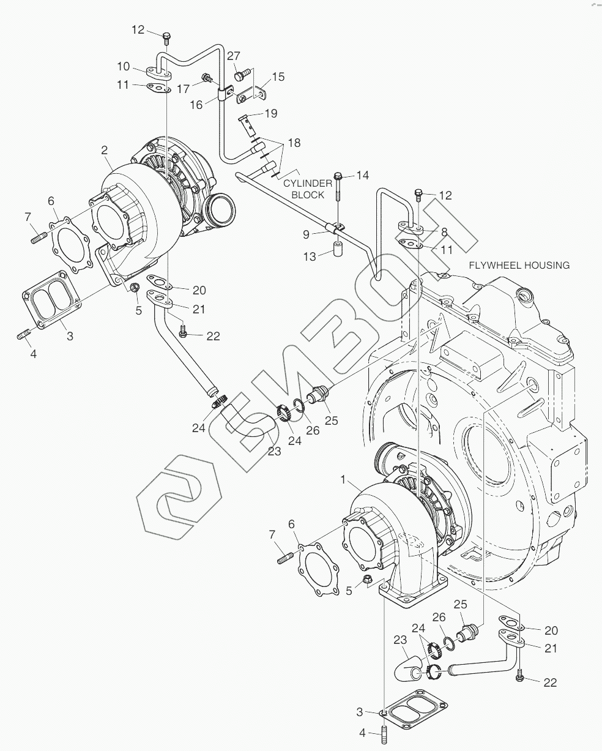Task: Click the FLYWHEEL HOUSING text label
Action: tap(519, 265)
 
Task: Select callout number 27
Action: tap(233, 56)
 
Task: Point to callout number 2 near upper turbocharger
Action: tap(105, 150)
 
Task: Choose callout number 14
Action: tap(363, 176)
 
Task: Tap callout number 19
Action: tap(270, 113)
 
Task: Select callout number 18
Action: tap(294, 143)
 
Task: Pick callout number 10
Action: tap(123, 65)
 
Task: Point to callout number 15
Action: tap(278, 77)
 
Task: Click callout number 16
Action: tap(196, 105)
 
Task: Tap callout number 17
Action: tap(182, 89)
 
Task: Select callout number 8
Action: tap(445, 232)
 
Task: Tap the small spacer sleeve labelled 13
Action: tap(338, 251)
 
